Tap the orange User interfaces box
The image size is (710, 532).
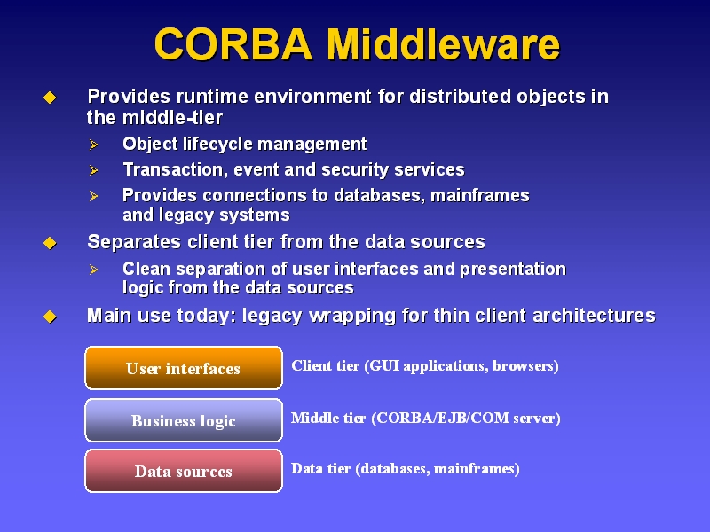[184, 368]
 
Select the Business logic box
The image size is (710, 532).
[184, 420]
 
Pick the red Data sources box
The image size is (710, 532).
[184, 471]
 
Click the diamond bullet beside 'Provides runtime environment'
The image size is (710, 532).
[50, 98]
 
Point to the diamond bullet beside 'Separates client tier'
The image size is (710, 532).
[50, 243]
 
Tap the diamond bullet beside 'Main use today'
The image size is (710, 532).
[50, 317]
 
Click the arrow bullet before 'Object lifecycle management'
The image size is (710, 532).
[94, 145]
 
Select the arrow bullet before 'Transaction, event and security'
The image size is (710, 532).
[94, 170]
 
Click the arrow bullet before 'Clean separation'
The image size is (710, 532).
[94, 270]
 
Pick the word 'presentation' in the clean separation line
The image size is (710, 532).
[513, 270]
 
